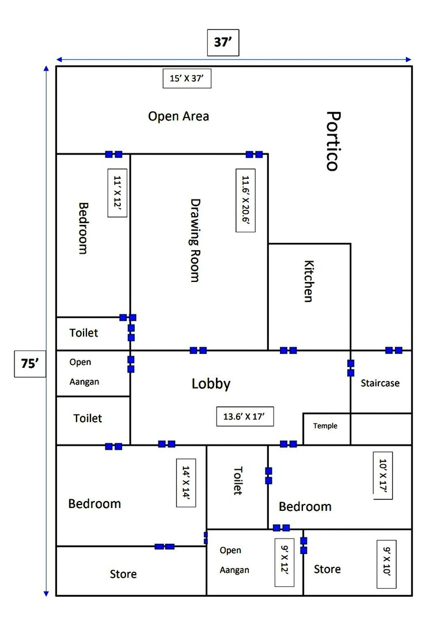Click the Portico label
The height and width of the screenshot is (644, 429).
click(331, 141)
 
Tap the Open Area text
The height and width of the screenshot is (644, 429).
click(179, 116)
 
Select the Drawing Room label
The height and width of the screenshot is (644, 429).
click(195, 240)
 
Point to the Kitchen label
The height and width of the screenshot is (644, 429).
click(309, 281)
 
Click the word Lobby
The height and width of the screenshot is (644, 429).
click(211, 384)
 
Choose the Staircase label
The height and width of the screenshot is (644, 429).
click(380, 383)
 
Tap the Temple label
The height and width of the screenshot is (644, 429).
click(325, 426)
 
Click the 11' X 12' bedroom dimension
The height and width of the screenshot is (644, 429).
click(117, 193)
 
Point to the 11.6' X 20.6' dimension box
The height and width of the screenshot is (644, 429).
click(246, 201)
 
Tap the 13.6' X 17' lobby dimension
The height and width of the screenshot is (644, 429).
click(245, 416)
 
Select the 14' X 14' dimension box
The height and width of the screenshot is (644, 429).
click(186, 483)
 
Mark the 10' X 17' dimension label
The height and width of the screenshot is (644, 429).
click(384, 479)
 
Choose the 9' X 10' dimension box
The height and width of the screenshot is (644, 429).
click(386, 564)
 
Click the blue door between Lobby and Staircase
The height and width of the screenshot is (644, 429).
click(350, 368)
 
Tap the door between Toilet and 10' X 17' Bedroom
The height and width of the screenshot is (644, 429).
click(268, 476)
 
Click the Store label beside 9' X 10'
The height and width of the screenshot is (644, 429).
click(327, 570)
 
